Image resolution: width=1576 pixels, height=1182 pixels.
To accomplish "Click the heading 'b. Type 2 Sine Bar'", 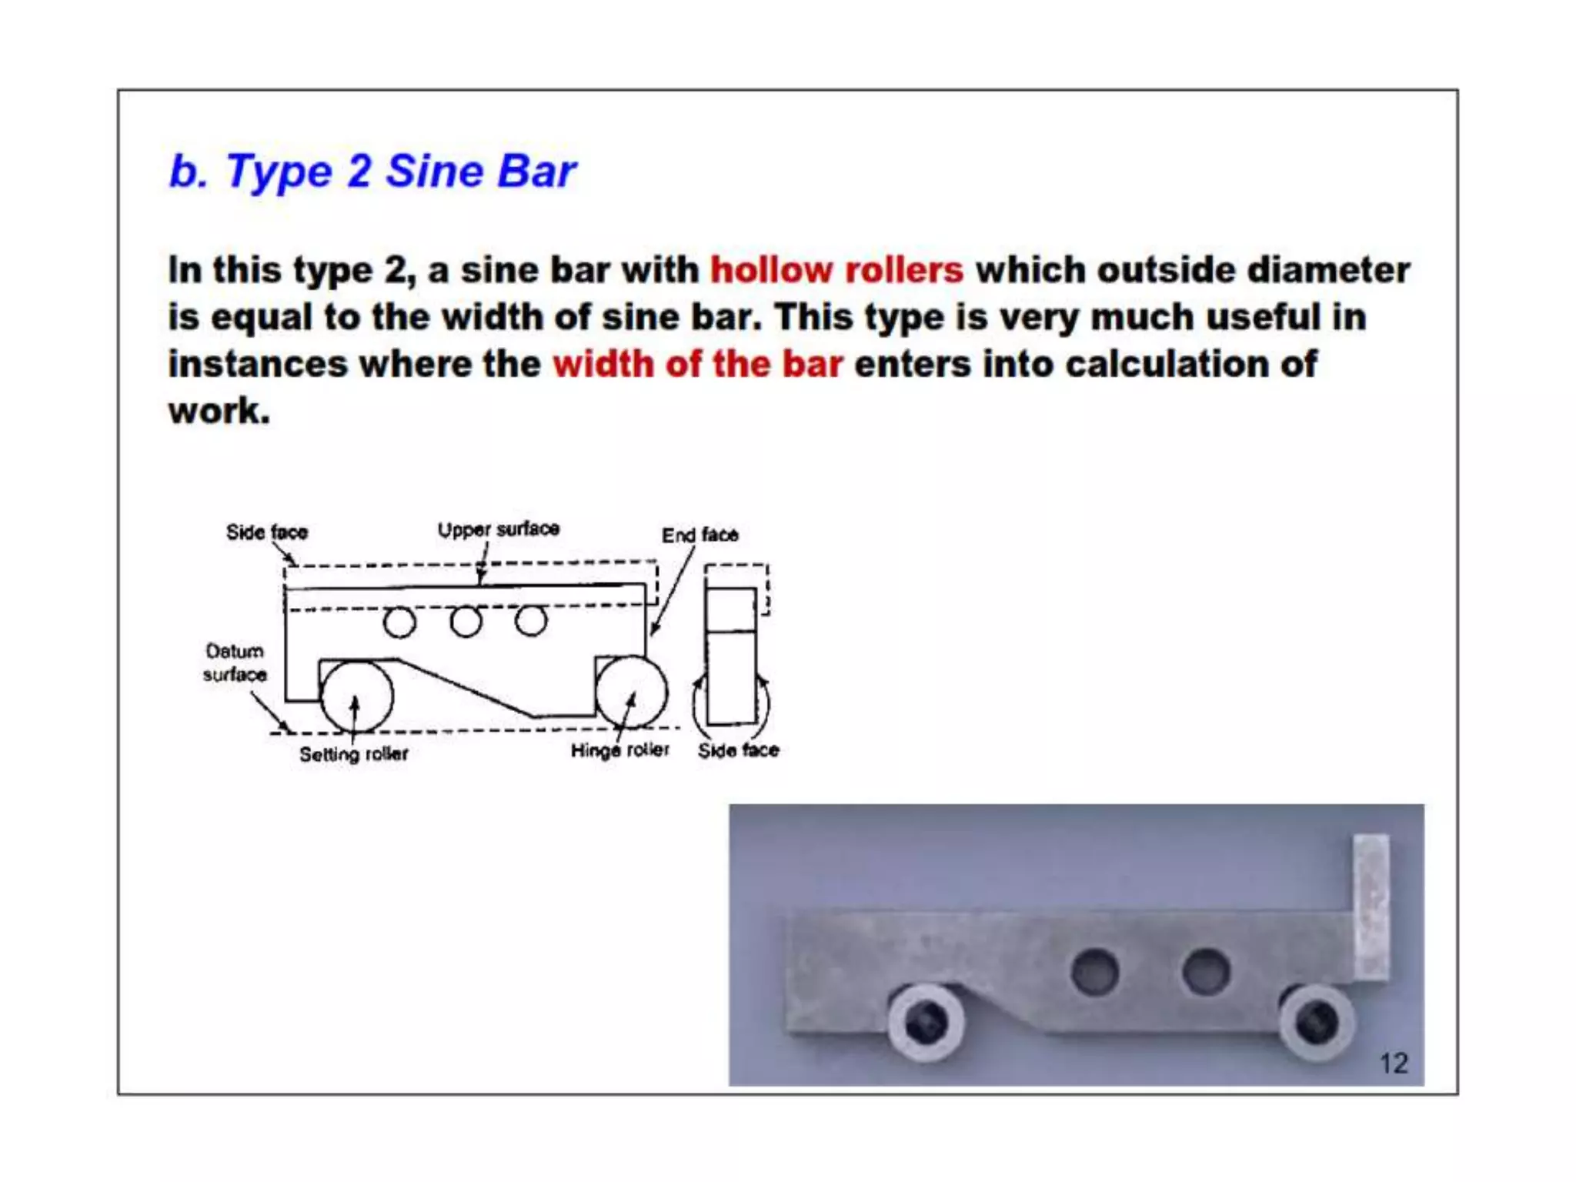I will [x=372, y=171].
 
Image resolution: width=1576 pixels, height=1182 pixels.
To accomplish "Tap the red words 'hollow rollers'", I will [x=836, y=270].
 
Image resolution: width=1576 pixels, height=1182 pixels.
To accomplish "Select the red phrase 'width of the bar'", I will [x=697, y=364].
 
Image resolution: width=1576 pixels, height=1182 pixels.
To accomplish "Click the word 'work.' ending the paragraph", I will [x=219, y=411].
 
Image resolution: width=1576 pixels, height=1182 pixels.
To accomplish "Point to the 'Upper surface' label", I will [x=498, y=529].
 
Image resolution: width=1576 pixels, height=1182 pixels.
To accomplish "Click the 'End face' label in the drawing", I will [x=700, y=535].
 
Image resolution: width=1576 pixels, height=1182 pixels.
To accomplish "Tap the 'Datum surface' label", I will [x=235, y=663].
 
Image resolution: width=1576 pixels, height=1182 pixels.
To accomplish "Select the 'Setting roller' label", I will [x=353, y=754].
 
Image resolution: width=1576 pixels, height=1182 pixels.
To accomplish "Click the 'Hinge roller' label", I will [x=619, y=750].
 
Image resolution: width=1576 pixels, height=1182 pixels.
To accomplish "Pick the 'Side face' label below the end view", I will [x=738, y=750].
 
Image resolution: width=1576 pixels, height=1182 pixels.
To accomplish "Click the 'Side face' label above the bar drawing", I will [x=266, y=533].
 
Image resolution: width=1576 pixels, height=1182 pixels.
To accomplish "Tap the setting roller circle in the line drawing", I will [x=356, y=696].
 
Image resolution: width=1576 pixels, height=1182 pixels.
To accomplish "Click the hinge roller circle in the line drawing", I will [x=631, y=692].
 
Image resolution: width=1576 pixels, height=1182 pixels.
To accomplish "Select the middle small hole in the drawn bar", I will [x=466, y=622].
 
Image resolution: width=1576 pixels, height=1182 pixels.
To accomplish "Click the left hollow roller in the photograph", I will [x=927, y=1022].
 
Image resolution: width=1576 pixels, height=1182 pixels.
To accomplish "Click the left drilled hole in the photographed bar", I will [x=1094, y=971].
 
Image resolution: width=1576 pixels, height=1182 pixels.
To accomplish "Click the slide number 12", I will [x=1394, y=1063].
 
